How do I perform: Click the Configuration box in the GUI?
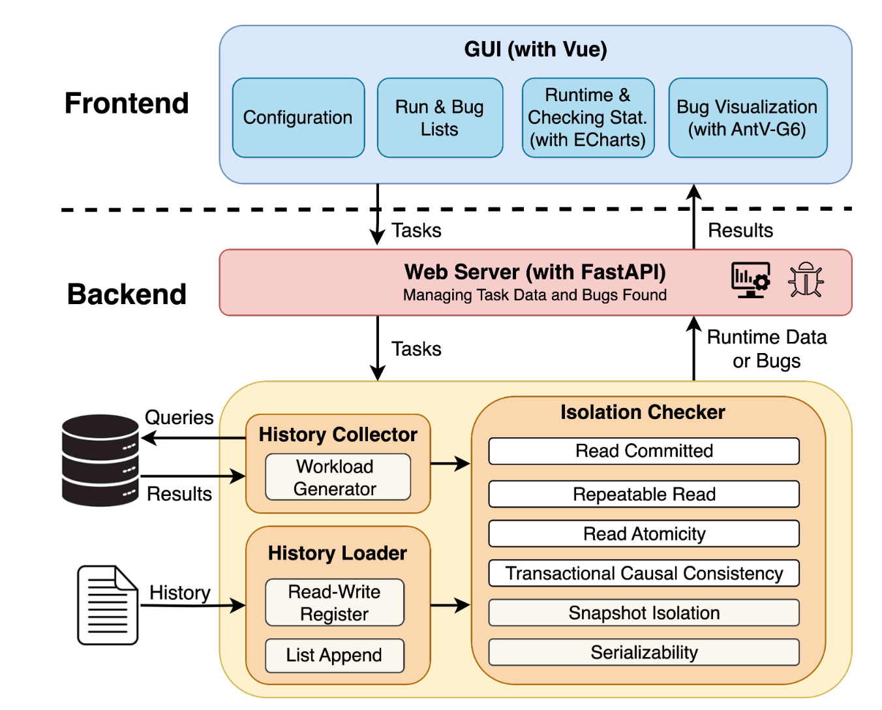pos(298,117)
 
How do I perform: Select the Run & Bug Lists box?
pos(440,117)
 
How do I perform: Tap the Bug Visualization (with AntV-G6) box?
pos(748,117)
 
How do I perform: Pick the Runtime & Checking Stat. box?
pos(588,117)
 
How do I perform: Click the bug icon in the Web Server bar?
pos(806,280)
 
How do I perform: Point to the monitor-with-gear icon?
pos(750,280)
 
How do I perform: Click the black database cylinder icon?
pos(100,460)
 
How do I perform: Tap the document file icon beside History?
pos(108,605)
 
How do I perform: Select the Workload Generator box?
pos(337,477)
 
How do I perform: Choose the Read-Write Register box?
pos(335,602)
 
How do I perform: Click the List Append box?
pos(335,655)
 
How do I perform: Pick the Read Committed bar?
pos(644,451)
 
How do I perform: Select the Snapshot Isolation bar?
pos(644,613)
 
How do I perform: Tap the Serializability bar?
pos(644,652)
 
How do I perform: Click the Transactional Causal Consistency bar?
pos(644,573)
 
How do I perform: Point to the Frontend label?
pos(127,103)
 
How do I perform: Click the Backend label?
pos(127,294)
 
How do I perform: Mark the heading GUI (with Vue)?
pos(536,50)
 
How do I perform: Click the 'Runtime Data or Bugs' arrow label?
pos(767,349)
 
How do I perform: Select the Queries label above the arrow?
pos(179,418)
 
